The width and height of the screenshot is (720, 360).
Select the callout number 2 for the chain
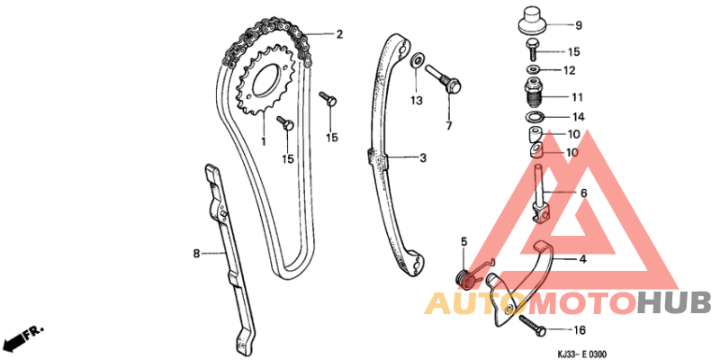pos(339,34)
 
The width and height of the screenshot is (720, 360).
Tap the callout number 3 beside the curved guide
pos(423,158)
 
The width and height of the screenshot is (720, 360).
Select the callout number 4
pos(582,259)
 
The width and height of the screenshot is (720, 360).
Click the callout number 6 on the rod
pos(583,193)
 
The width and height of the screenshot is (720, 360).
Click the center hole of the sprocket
pos(266,79)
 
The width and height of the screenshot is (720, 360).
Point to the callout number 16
pos(580,330)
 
